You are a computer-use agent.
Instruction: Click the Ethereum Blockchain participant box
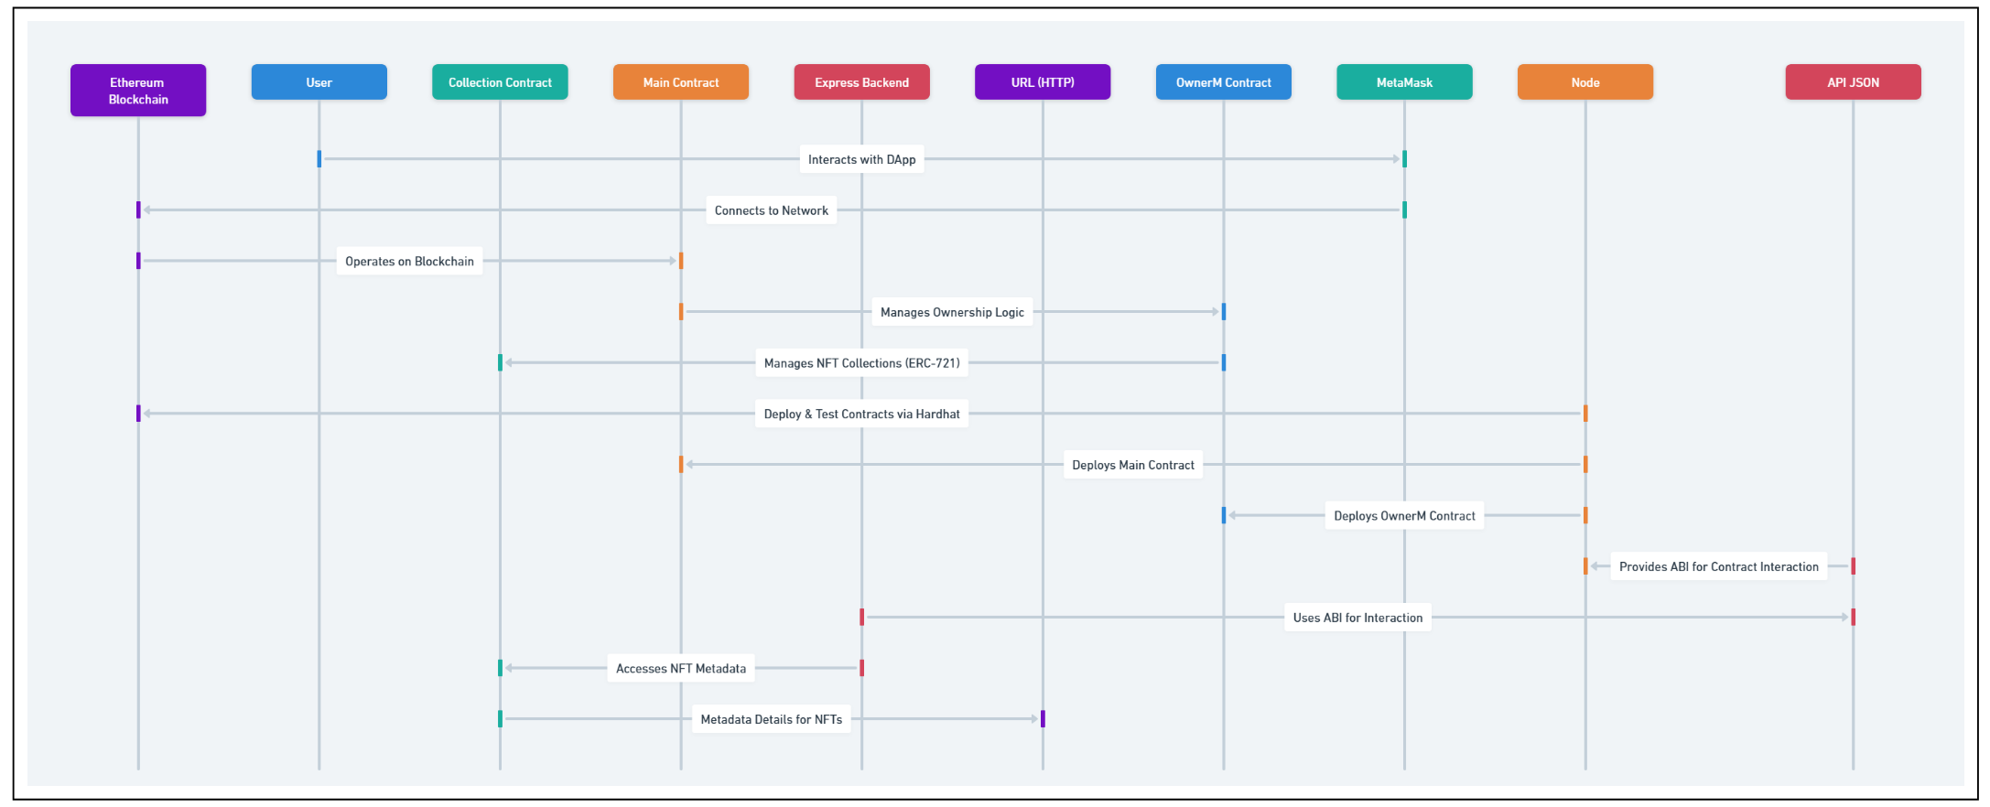tap(138, 91)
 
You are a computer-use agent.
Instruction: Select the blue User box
tap(319, 82)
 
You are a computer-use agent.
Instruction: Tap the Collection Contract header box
tap(500, 82)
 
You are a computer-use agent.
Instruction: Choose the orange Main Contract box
tap(681, 82)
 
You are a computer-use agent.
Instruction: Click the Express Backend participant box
tap(861, 82)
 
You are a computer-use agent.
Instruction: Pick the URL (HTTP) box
tap(1043, 82)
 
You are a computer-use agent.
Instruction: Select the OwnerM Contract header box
tap(1223, 82)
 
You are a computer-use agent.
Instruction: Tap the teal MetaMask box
tap(1404, 82)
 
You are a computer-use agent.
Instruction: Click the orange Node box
tap(1585, 82)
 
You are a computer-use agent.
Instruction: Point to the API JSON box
tap(1853, 82)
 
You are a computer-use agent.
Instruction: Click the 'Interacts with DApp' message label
tap(861, 159)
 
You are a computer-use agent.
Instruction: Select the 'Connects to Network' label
tap(771, 210)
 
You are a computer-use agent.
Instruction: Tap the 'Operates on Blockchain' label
tap(409, 262)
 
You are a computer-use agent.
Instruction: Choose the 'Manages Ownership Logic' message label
tap(952, 312)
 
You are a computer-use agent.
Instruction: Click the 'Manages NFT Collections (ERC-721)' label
tap(861, 363)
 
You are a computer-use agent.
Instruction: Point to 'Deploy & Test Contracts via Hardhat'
tap(861, 414)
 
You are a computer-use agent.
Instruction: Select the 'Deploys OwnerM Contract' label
tap(1404, 516)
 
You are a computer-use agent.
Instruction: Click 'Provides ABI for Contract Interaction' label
tap(1718, 567)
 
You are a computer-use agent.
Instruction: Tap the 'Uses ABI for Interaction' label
tap(1357, 618)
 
